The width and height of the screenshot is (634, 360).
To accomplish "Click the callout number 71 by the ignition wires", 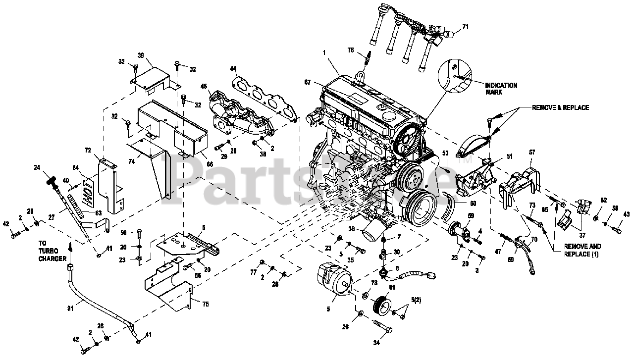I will [465, 26].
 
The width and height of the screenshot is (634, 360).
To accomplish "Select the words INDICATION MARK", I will [501, 89].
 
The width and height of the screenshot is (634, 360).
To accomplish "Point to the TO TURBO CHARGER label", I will [52, 251].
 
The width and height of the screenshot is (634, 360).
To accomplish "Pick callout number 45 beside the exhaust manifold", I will [203, 86].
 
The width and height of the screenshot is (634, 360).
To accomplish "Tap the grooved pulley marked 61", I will [382, 304].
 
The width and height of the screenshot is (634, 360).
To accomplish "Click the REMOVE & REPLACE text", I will [560, 107].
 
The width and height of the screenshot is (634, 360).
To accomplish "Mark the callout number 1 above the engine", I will [325, 52].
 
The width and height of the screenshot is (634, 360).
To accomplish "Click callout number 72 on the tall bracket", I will [88, 150].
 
